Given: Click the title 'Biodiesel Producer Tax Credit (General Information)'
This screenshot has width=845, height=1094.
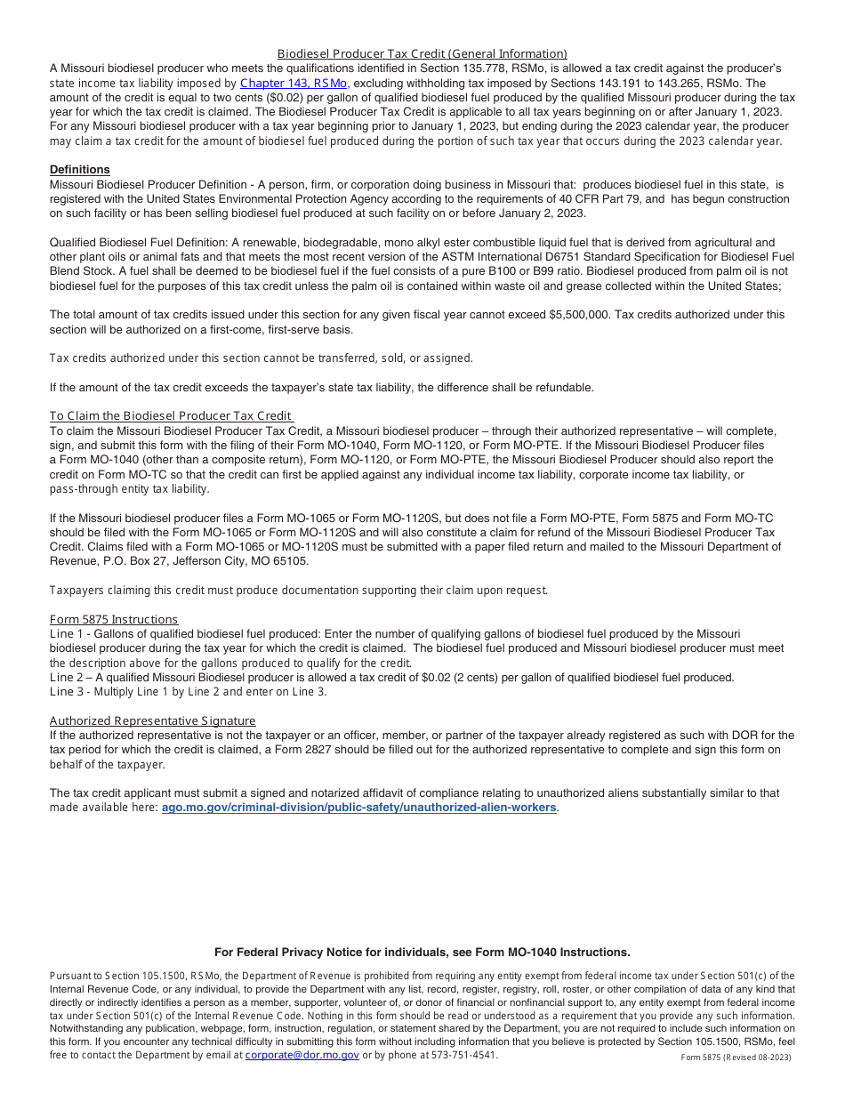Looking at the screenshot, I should (422, 53).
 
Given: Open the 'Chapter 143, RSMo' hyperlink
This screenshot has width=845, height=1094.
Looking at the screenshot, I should (294, 83).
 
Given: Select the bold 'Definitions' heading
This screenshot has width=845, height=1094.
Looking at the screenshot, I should (80, 169).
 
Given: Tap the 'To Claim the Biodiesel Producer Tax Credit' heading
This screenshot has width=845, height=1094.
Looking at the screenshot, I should (171, 415).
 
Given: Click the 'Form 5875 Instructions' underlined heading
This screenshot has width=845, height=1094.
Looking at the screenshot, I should (114, 619).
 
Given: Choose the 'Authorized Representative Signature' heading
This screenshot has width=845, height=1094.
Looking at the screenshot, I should (152, 720).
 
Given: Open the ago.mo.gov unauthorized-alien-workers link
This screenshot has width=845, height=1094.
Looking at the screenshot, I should (358, 808).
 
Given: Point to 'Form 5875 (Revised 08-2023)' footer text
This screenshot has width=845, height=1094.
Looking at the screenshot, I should (736, 1057).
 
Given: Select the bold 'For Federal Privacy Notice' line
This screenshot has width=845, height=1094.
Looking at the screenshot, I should (422, 952).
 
